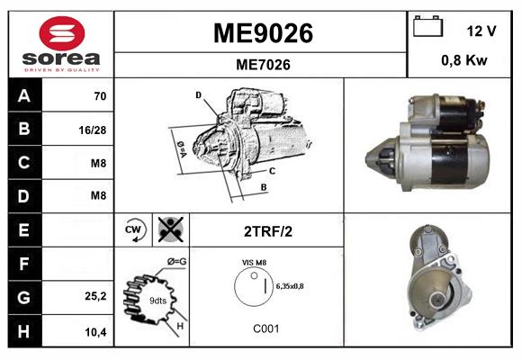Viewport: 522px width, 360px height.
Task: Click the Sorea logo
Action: point(61,44)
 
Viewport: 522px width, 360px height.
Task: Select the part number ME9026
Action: point(262,33)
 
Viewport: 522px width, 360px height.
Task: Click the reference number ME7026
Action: point(262,64)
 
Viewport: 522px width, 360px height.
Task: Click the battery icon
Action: point(427,28)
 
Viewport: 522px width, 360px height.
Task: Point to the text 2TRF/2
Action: point(267,230)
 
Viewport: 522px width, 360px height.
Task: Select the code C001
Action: point(266,329)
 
